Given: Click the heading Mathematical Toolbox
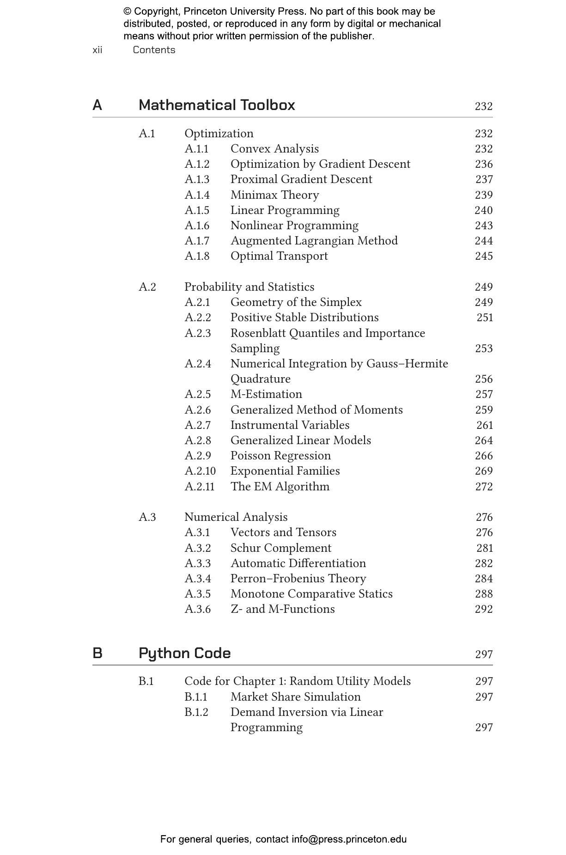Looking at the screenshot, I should click(x=217, y=105).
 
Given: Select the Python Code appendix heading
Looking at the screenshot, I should click(x=184, y=653).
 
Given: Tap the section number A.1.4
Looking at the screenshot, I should click(x=197, y=195).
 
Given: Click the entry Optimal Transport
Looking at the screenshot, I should click(x=279, y=256).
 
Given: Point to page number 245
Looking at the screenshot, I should click(x=483, y=256).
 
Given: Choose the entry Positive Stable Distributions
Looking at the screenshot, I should click(x=304, y=318).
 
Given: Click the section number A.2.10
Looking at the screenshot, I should click(x=200, y=471).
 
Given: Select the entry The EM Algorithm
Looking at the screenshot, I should click(x=280, y=487).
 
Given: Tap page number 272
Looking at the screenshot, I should click(x=483, y=487).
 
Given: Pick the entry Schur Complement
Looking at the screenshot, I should click(x=281, y=548).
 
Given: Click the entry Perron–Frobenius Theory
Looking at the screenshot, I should click(x=298, y=579).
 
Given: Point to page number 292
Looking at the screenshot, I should click(x=483, y=609).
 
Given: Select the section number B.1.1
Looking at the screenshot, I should click(x=196, y=697).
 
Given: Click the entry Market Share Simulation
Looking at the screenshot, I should click(x=295, y=697).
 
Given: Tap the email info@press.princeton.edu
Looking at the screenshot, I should click(x=349, y=839).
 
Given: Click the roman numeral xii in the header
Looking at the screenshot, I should click(x=97, y=50).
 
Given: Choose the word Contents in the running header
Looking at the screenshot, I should click(x=154, y=50).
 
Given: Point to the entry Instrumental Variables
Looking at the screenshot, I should click(x=290, y=425).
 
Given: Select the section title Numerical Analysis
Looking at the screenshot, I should click(x=236, y=517).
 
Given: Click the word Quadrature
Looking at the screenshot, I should click(x=261, y=379).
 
